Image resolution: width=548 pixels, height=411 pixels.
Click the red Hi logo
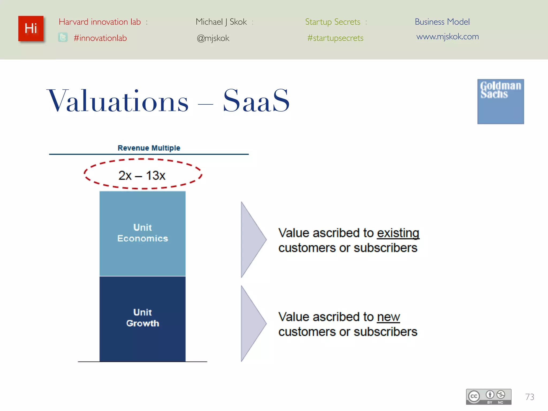tap(31, 28)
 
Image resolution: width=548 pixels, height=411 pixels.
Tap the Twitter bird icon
tap(63, 37)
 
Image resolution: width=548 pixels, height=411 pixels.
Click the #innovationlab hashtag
tap(100, 38)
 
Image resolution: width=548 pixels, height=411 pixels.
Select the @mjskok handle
tap(213, 38)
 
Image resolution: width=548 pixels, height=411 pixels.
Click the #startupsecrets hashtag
tap(335, 38)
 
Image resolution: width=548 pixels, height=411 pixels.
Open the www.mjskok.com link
tap(447, 36)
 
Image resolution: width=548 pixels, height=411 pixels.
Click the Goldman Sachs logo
tap(500, 101)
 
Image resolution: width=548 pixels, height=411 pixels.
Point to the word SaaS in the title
tap(256, 101)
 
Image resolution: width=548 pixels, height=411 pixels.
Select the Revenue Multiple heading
tap(149, 148)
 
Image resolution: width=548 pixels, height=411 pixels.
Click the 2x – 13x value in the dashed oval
tap(142, 176)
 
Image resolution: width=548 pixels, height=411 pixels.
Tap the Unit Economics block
tap(142, 233)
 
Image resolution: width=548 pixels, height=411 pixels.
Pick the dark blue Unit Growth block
tap(142, 318)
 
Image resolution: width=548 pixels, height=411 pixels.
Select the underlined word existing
tap(398, 233)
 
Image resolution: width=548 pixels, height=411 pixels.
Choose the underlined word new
tap(388, 317)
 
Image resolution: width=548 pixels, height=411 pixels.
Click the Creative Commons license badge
tap(488, 397)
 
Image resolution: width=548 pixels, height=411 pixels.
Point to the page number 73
tap(529, 397)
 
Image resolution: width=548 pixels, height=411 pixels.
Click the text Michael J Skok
tap(221, 22)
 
